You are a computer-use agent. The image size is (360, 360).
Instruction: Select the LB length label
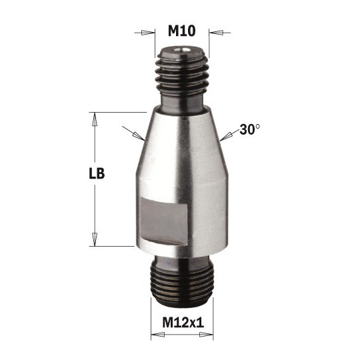(98, 174)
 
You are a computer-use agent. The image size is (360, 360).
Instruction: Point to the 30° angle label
(249, 131)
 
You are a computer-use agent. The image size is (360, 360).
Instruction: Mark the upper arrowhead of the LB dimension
(95, 118)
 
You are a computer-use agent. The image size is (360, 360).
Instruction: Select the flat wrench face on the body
(162, 220)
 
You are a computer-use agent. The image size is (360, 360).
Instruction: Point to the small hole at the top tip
(182, 48)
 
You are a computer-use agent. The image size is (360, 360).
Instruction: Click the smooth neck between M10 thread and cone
(182, 100)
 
